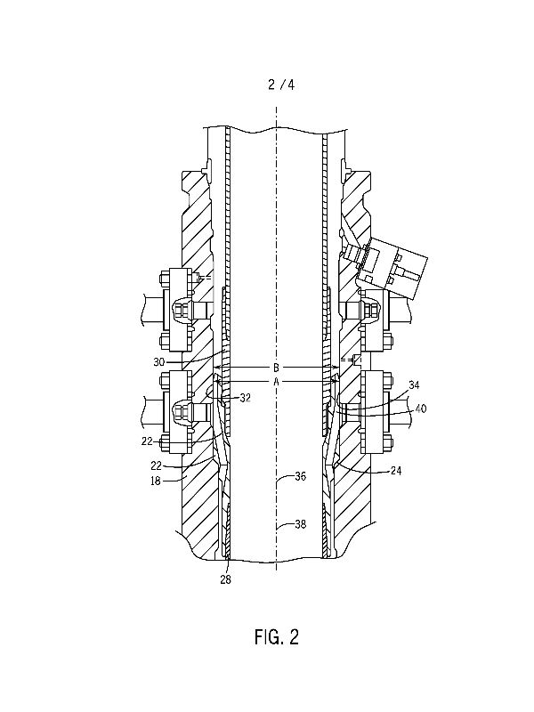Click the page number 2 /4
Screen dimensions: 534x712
[x=281, y=85]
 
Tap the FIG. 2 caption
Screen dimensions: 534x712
[x=277, y=636]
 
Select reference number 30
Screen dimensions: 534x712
[x=159, y=362]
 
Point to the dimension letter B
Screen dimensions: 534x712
[x=276, y=367]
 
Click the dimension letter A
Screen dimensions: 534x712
[x=276, y=382]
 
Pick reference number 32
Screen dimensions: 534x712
[x=246, y=398]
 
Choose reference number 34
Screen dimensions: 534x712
[x=414, y=385]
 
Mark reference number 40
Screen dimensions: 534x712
[x=421, y=409]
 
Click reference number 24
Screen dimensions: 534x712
[x=396, y=471]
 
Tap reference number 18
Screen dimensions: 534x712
[x=155, y=481]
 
